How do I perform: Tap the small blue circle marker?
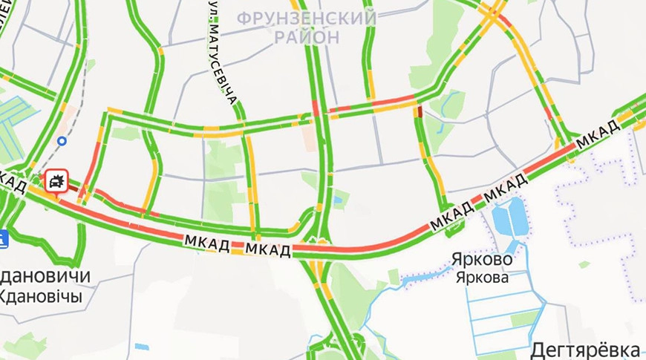coord(62,140)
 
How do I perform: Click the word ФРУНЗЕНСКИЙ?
coord(306,17)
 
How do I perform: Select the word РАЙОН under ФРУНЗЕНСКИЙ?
coord(306,36)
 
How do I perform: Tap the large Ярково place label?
coord(481,261)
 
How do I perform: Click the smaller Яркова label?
coord(483,278)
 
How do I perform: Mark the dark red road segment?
coord(419,111)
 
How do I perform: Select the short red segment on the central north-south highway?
coord(316,108)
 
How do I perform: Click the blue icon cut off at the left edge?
coord(3,238)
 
